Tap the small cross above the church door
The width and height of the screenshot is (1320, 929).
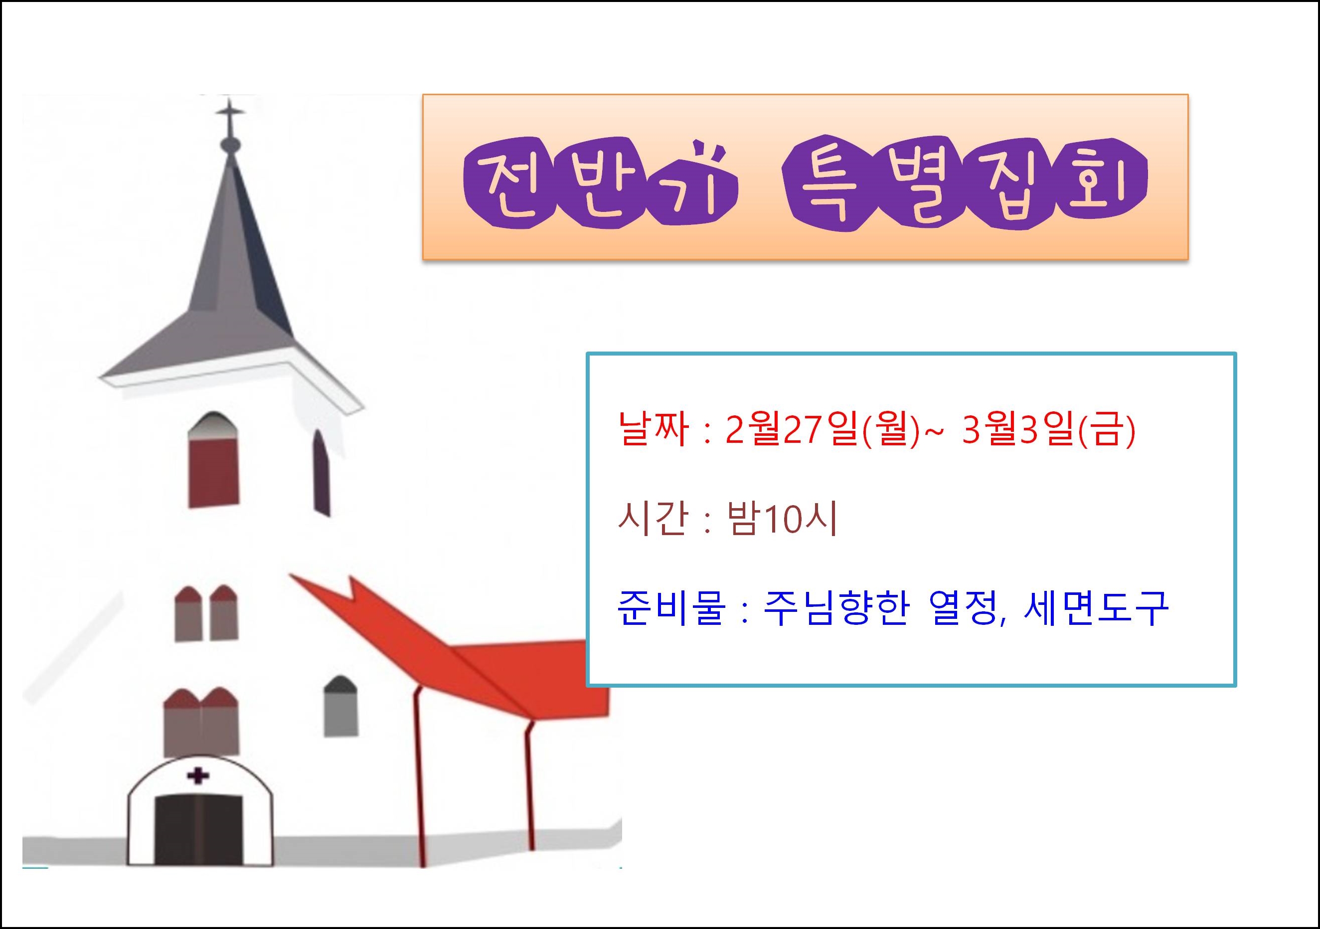[198, 776]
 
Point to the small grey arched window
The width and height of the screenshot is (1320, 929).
[340, 707]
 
